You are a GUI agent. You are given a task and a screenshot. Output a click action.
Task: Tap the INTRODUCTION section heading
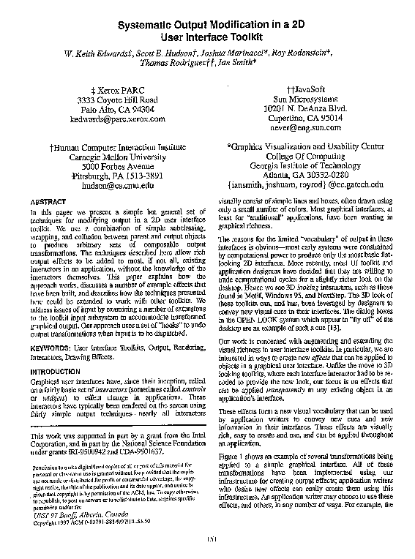tap(56, 372)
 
